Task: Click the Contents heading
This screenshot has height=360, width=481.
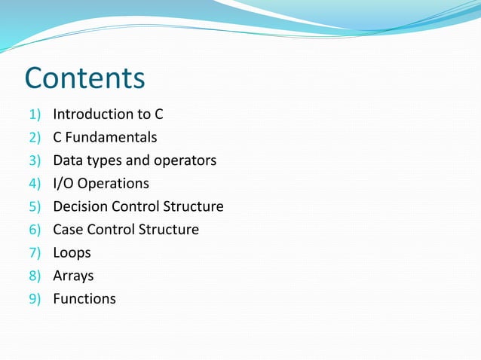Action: [x=84, y=78]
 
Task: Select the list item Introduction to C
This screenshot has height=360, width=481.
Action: [x=108, y=114]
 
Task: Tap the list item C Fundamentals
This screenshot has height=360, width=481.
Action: [x=105, y=138]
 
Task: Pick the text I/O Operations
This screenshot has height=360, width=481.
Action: [x=101, y=184]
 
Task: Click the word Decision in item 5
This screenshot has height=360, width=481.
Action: [x=80, y=206]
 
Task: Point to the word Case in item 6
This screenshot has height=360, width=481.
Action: [x=68, y=230]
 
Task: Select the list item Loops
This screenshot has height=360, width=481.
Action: [x=72, y=253]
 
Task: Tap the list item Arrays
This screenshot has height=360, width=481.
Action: [x=73, y=276]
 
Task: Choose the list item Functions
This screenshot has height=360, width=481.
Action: [x=84, y=299]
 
